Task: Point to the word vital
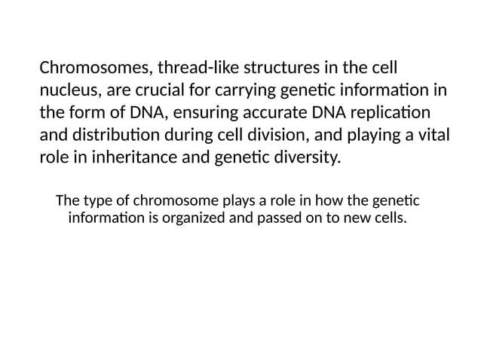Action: pos(429,137)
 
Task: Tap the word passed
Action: pos(280,219)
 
